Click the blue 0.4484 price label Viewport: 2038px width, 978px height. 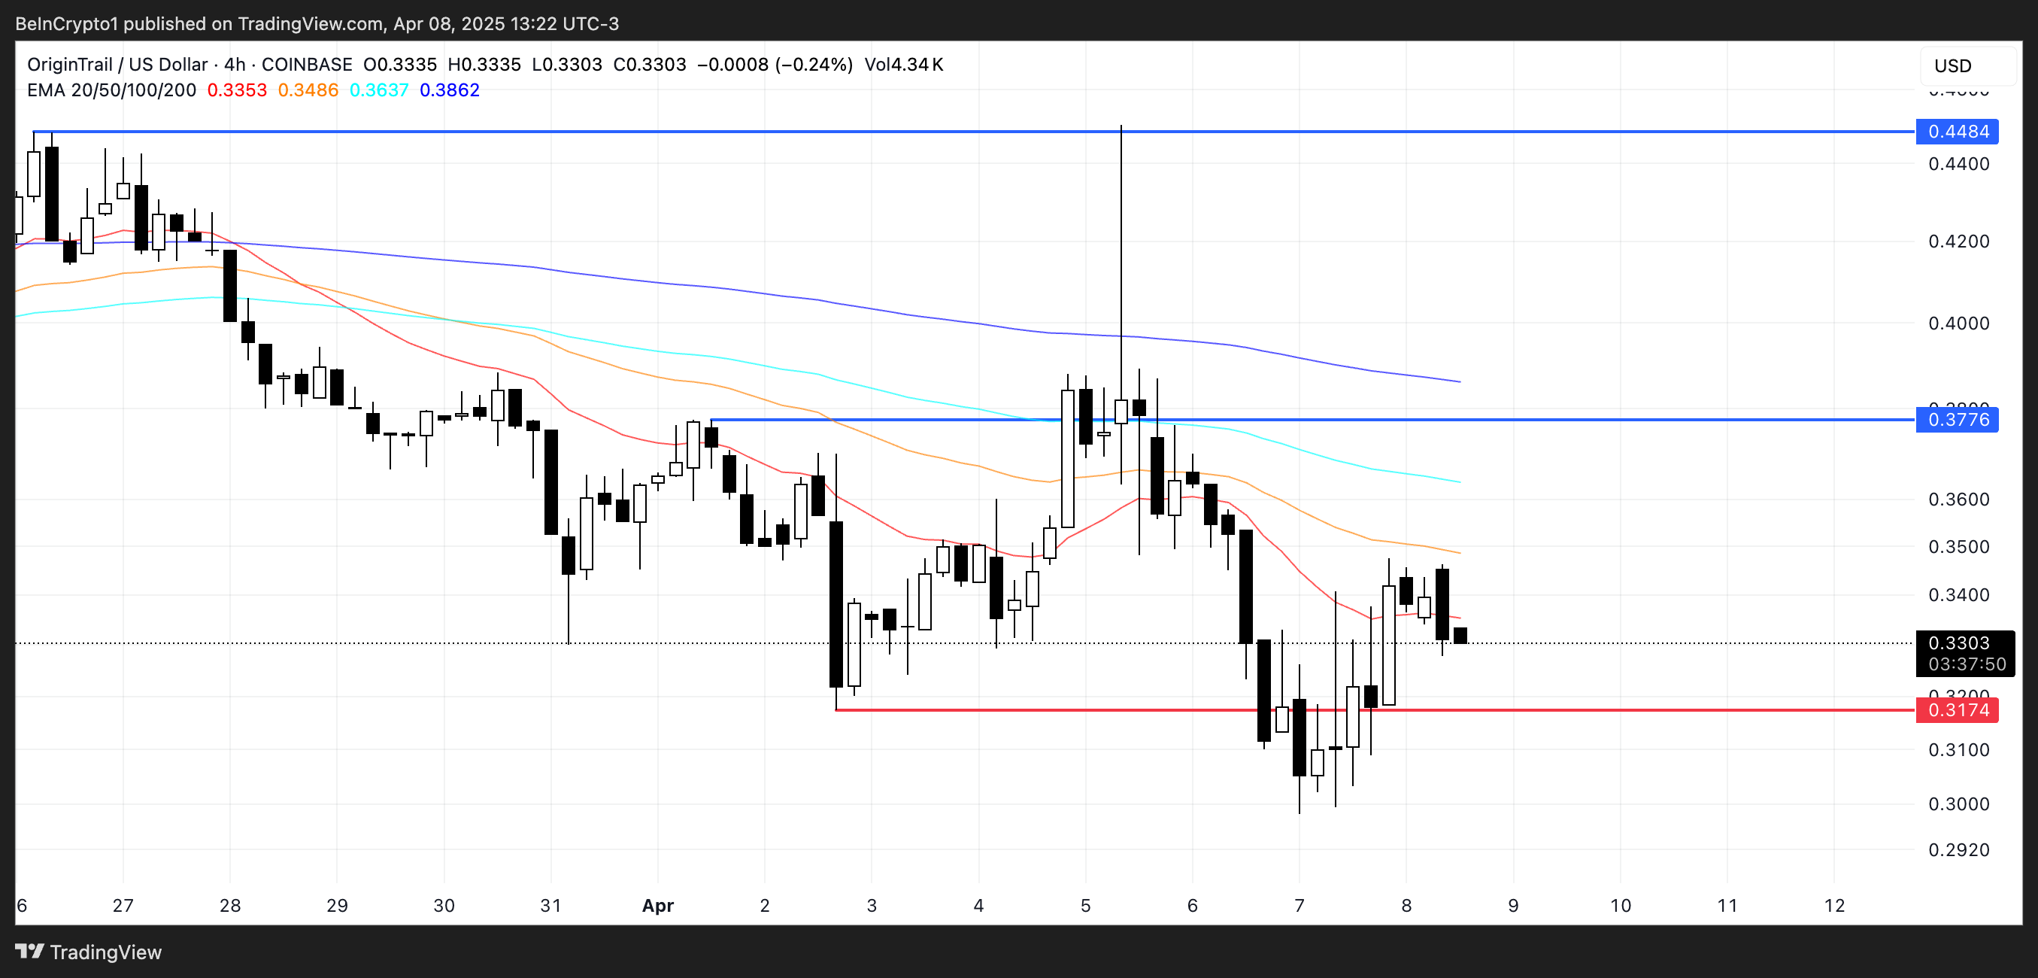click(x=1958, y=132)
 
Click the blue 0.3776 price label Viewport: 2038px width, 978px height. click(x=1958, y=419)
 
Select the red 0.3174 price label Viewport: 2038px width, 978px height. click(x=1958, y=709)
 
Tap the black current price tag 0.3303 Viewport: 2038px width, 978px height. click(x=1959, y=642)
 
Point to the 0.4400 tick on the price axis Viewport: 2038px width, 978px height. click(x=1958, y=164)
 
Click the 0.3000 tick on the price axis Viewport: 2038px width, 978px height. click(x=1958, y=804)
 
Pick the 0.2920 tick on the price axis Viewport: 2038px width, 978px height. click(x=1958, y=850)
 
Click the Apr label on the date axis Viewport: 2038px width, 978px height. click(x=657, y=905)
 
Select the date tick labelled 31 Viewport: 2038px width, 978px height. click(x=550, y=905)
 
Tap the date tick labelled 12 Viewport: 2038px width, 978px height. click(x=1834, y=905)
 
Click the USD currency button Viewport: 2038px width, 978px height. click(x=1952, y=65)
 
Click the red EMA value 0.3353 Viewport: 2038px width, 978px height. click(x=237, y=90)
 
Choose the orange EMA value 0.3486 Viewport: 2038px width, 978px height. click(x=308, y=90)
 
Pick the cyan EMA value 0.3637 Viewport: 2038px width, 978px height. click(x=379, y=90)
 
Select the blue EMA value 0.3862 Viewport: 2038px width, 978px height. click(x=450, y=90)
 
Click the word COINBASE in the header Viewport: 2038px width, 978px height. click(x=306, y=64)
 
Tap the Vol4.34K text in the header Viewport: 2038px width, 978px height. click(x=903, y=64)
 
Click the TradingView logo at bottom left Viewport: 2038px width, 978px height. click(x=89, y=952)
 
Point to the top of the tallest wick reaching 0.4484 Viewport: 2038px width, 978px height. click(x=1121, y=126)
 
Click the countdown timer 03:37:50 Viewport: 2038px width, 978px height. click(x=1967, y=664)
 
